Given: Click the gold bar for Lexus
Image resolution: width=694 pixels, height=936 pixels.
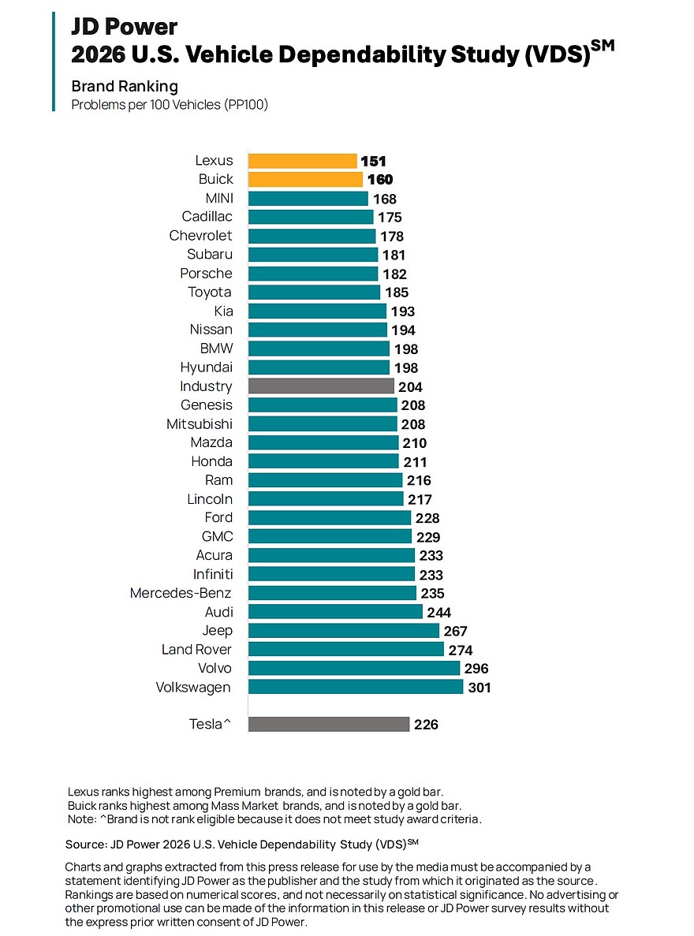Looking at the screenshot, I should [x=302, y=161].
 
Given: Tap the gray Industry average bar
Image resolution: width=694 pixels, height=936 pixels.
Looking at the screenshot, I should [x=321, y=386].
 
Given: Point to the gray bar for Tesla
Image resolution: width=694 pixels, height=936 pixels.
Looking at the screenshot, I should [x=329, y=724].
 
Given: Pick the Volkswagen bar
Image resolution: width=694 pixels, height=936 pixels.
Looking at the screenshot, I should [x=356, y=687].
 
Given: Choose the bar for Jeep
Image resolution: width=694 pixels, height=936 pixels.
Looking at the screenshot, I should [x=344, y=630].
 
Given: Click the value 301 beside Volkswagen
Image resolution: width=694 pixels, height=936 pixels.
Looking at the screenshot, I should [x=479, y=688].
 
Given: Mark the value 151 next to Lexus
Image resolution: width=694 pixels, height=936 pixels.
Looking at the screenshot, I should [x=373, y=162].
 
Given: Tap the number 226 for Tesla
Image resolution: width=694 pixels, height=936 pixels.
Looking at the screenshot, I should [x=426, y=725].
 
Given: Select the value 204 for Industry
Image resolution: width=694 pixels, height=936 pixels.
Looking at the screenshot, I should [x=410, y=387].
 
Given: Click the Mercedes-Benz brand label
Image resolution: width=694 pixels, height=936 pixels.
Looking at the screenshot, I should [x=181, y=593].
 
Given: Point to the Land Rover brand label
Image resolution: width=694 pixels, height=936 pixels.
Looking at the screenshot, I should [x=196, y=649].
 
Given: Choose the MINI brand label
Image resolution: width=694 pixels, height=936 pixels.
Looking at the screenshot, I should [x=218, y=198].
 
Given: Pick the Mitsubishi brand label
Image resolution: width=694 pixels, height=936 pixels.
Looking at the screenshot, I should [x=199, y=424].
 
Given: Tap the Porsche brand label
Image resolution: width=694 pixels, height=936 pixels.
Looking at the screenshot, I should [x=206, y=274].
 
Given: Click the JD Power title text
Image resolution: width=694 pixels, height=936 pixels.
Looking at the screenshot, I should [x=125, y=27].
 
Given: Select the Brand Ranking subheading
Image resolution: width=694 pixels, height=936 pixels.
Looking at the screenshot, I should [x=125, y=86].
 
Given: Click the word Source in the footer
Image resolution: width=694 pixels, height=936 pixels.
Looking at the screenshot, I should [x=88, y=844].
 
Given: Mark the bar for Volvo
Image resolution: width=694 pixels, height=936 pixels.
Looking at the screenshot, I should [x=354, y=668].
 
